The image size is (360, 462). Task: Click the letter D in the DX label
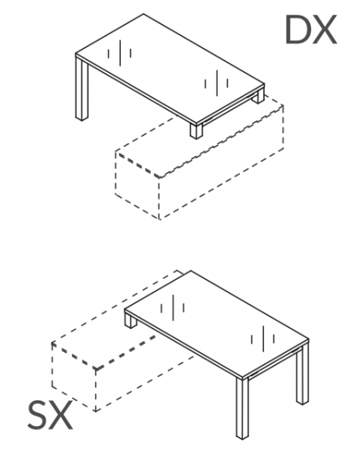(297, 30)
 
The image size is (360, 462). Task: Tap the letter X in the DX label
(324, 30)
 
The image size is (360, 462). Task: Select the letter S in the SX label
(38, 416)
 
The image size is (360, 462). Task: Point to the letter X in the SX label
(61, 416)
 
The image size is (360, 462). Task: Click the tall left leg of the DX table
(82, 88)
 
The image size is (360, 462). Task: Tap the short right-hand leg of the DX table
(258, 96)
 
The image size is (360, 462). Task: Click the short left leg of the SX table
(130, 319)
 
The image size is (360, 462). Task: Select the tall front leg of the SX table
(242, 408)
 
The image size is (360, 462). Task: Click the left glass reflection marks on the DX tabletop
(119, 53)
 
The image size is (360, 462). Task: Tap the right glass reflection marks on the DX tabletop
(216, 82)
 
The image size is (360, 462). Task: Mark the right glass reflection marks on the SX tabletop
(263, 339)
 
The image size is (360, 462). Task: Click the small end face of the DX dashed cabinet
(137, 186)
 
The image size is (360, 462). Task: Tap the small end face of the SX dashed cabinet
(74, 376)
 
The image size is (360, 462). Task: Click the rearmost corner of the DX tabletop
(143, 14)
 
